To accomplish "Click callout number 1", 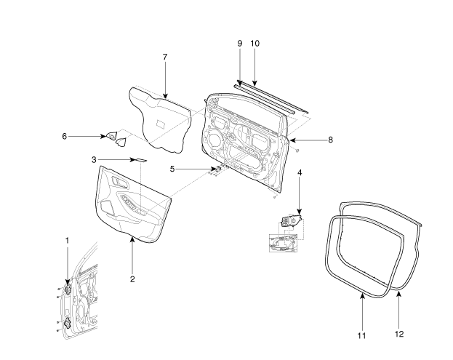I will click(68, 240).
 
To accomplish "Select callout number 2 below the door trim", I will click(132, 279).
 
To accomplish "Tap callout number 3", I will click(94, 159).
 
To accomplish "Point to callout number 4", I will click(299, 172).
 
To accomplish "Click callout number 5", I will click(172, 169).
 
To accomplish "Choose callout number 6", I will click(64, 135).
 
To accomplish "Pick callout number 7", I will click(165, 57).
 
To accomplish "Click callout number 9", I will click(239, 43).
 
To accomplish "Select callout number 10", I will click(254, 43).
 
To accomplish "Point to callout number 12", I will click(398, 334).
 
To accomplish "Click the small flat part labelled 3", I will click(139, 160).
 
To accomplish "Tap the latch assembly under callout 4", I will click(292, 220).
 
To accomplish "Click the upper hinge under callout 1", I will click(68, 289).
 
